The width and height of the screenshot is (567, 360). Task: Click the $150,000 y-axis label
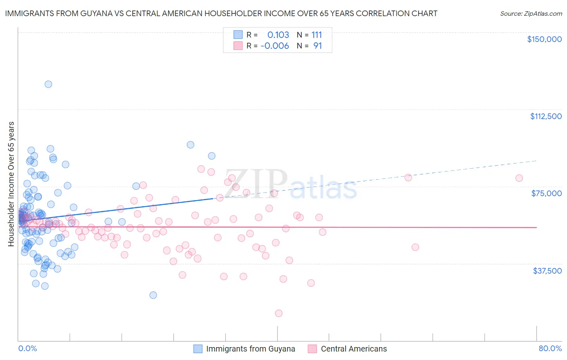(544, 39)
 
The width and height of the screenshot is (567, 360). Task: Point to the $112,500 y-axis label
(546, 116)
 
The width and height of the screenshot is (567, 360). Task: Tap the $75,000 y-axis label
(546, 193)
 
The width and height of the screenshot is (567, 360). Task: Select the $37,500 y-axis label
(547, 271)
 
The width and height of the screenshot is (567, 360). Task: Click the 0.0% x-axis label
(27, 349)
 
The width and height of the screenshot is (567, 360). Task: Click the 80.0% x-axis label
(550, 349)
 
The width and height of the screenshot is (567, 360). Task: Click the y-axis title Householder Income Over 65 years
(11, 184)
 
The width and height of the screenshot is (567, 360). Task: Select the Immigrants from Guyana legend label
(250, 349)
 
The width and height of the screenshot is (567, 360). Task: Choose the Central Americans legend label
(354, 349)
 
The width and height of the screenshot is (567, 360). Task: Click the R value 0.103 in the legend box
(278, 35)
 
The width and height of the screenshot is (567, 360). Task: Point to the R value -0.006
(275, 46)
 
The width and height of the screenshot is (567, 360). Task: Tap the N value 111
(317, 35)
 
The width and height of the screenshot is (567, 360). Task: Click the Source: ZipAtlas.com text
(531, 14)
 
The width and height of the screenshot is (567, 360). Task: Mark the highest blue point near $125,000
(48, 84)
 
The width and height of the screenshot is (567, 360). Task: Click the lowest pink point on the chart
(278, 313)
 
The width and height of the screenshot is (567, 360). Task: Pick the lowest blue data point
(153, 295)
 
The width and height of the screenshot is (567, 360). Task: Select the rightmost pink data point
(519, 178)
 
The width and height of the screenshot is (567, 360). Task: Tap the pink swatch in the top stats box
(238, 46)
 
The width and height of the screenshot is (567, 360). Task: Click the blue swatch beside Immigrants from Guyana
(198, 349)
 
